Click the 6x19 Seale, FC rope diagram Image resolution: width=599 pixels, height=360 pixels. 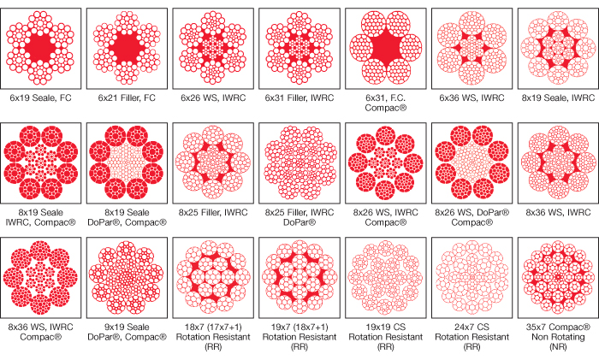pos(42,45)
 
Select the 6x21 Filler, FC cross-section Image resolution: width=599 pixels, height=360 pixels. pos(127,45)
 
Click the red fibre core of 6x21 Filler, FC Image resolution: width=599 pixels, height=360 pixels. pos(127,45)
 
